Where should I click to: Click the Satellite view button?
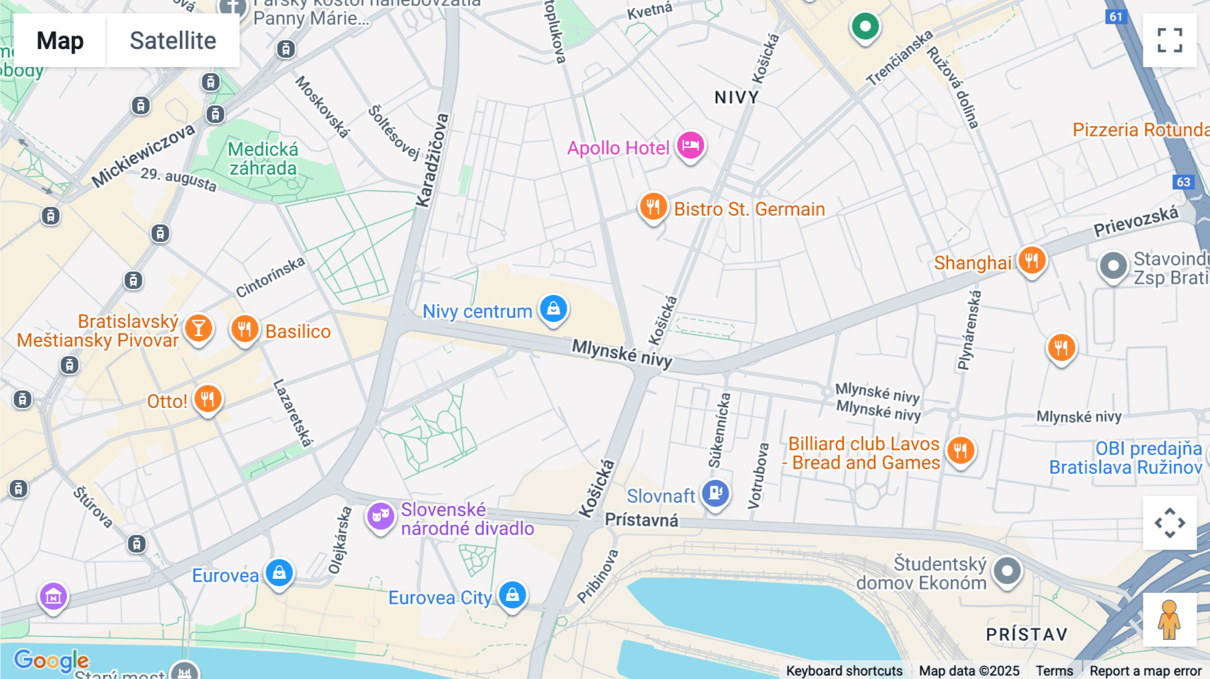173,40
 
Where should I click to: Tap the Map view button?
60,40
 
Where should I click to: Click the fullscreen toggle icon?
1170,40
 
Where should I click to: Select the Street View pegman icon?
1169,619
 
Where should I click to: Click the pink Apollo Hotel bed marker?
690,145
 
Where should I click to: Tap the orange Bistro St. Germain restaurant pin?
653,206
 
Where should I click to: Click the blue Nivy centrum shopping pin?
553,309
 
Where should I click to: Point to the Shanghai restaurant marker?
1031,260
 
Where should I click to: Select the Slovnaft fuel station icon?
715,493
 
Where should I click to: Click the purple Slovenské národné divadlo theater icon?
380,516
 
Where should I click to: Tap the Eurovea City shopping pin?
512,595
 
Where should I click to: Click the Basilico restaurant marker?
245,329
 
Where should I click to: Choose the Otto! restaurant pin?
208,399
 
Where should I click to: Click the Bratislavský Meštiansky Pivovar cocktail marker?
198,328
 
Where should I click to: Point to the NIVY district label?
736,98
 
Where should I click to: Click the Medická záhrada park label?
263,159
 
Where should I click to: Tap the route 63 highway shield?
1183,182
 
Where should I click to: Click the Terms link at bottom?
1054,670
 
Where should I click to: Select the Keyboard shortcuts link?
844,670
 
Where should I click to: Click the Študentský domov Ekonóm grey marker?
1006,571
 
